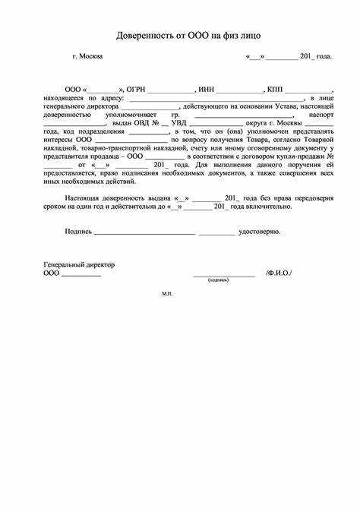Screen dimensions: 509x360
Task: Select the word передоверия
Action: point(311,198)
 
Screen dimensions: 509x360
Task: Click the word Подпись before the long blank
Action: point(78,231)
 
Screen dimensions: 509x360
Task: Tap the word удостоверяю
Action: point(260,231)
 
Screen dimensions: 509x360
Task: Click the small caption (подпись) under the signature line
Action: point(218,280)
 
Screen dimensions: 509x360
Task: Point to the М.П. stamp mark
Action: point(167,293)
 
